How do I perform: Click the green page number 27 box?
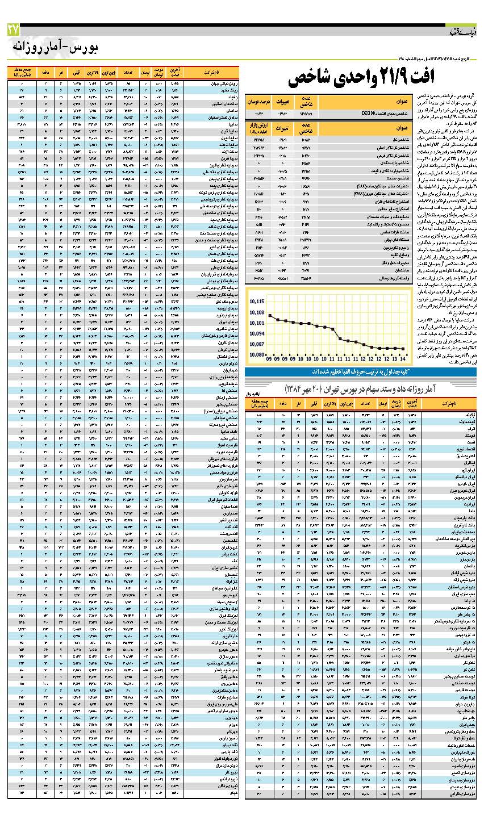14,30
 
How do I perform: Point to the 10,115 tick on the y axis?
257,302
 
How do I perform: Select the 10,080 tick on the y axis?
257,355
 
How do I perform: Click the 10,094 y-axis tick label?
257,333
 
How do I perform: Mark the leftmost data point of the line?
270,315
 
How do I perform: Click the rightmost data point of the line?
403,349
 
